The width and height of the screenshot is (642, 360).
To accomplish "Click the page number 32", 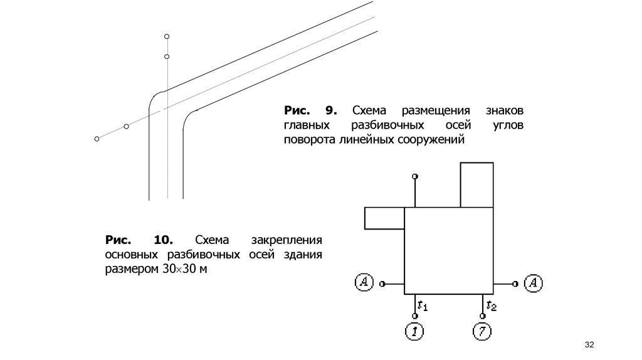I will [589, 346].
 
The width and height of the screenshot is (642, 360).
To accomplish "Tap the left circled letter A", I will [364, 283].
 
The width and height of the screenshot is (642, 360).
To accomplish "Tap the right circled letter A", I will [533, 283].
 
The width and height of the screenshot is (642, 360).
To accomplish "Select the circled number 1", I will [414, 331].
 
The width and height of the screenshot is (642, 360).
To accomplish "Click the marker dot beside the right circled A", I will [515, 284].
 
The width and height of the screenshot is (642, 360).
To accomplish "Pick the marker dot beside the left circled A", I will [382, 284].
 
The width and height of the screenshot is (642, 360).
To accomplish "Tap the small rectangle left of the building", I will [384, 218].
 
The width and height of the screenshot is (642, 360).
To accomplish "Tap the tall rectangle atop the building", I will [476, 184].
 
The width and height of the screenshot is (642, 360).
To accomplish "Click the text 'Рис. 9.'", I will [311, 110].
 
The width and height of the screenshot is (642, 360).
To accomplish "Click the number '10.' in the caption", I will [163, 240].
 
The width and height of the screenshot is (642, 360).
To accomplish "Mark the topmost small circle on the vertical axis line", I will [167, 36].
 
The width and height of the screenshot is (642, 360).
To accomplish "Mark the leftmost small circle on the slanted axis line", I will [97, 139].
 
